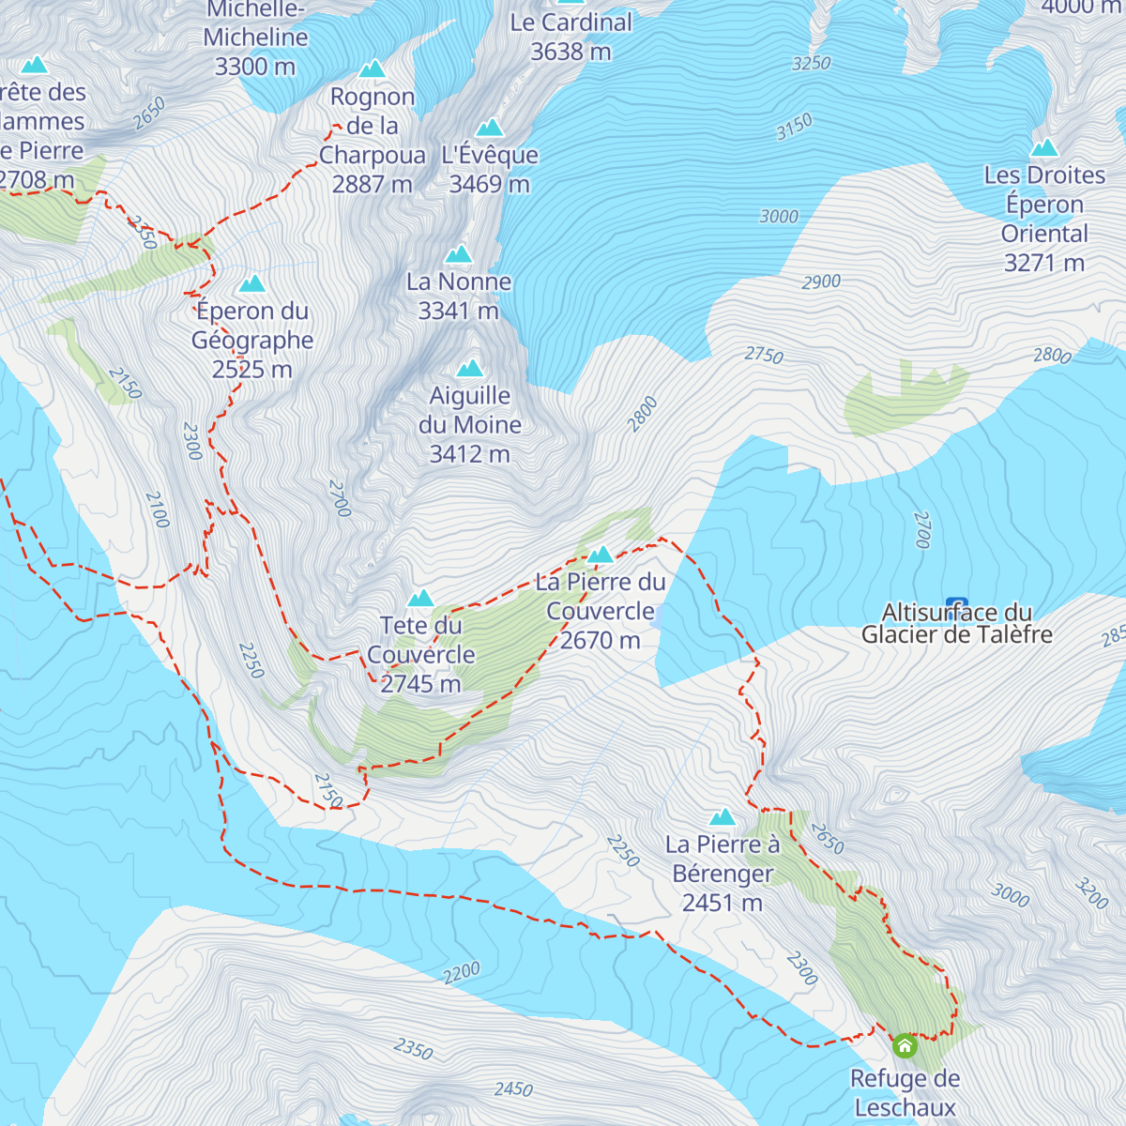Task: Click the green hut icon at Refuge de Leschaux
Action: point(905,1044)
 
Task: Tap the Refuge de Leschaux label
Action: point(905,1093)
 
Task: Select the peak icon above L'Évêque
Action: point(489,128)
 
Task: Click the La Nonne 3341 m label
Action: point(459,296)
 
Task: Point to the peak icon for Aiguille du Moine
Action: point(469,368)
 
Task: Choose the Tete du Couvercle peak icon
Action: point(420,598)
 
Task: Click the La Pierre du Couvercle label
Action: point(601,611)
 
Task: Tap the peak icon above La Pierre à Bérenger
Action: point(723,816)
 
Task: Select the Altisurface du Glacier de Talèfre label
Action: point(956,624)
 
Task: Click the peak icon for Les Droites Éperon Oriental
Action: point(1044,147)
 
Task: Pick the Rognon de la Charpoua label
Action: point(373,140)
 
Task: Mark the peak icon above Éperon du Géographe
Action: point(251,283)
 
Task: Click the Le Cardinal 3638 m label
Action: point(571,37)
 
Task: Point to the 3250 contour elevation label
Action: point(811,63)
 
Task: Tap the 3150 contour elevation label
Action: point(794,127)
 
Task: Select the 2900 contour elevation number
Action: point(821,281)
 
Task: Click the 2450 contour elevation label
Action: point(513,1088)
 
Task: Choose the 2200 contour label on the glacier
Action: point(461,973)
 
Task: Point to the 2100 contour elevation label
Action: point(157,510)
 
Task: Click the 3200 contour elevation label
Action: point(1091,893)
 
